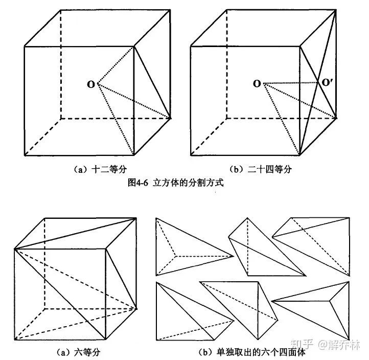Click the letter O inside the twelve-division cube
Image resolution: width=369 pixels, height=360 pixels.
coord(90,84)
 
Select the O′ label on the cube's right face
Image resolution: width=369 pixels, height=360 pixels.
coord(327,82)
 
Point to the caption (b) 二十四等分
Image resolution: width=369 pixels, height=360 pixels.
coord(263,168)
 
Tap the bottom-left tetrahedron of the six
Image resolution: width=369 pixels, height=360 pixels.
coord(187,312)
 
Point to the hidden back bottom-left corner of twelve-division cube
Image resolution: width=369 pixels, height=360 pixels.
coord(61,118)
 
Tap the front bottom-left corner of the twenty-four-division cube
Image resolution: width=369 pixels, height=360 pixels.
coord(191,154)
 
